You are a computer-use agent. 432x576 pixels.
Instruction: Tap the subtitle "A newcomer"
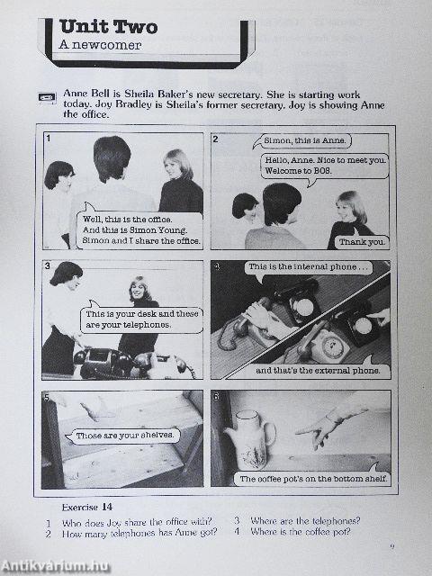(x=94, y=44)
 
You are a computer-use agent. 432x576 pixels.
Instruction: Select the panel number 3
(x=47, y=266)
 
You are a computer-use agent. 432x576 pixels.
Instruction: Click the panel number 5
(x=47, y=396)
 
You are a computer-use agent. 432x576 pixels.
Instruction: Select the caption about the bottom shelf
(x=312, y=479)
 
